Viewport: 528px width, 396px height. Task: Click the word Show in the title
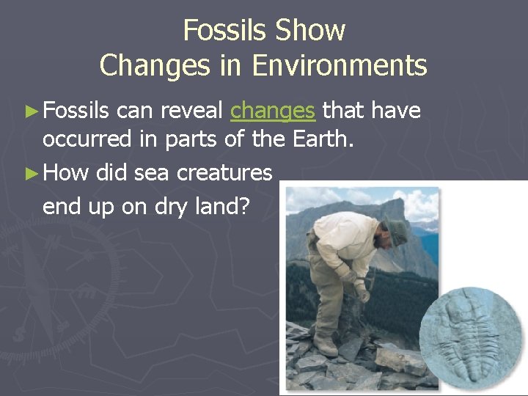coord(310,31)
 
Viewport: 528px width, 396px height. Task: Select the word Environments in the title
coord(340,66)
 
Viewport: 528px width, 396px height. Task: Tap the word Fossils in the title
coord(225,31)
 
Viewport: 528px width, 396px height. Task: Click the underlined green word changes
coord(273,111)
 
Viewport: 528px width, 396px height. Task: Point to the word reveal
coord(191,111)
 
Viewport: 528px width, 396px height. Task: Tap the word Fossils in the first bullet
coord(76,111)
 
